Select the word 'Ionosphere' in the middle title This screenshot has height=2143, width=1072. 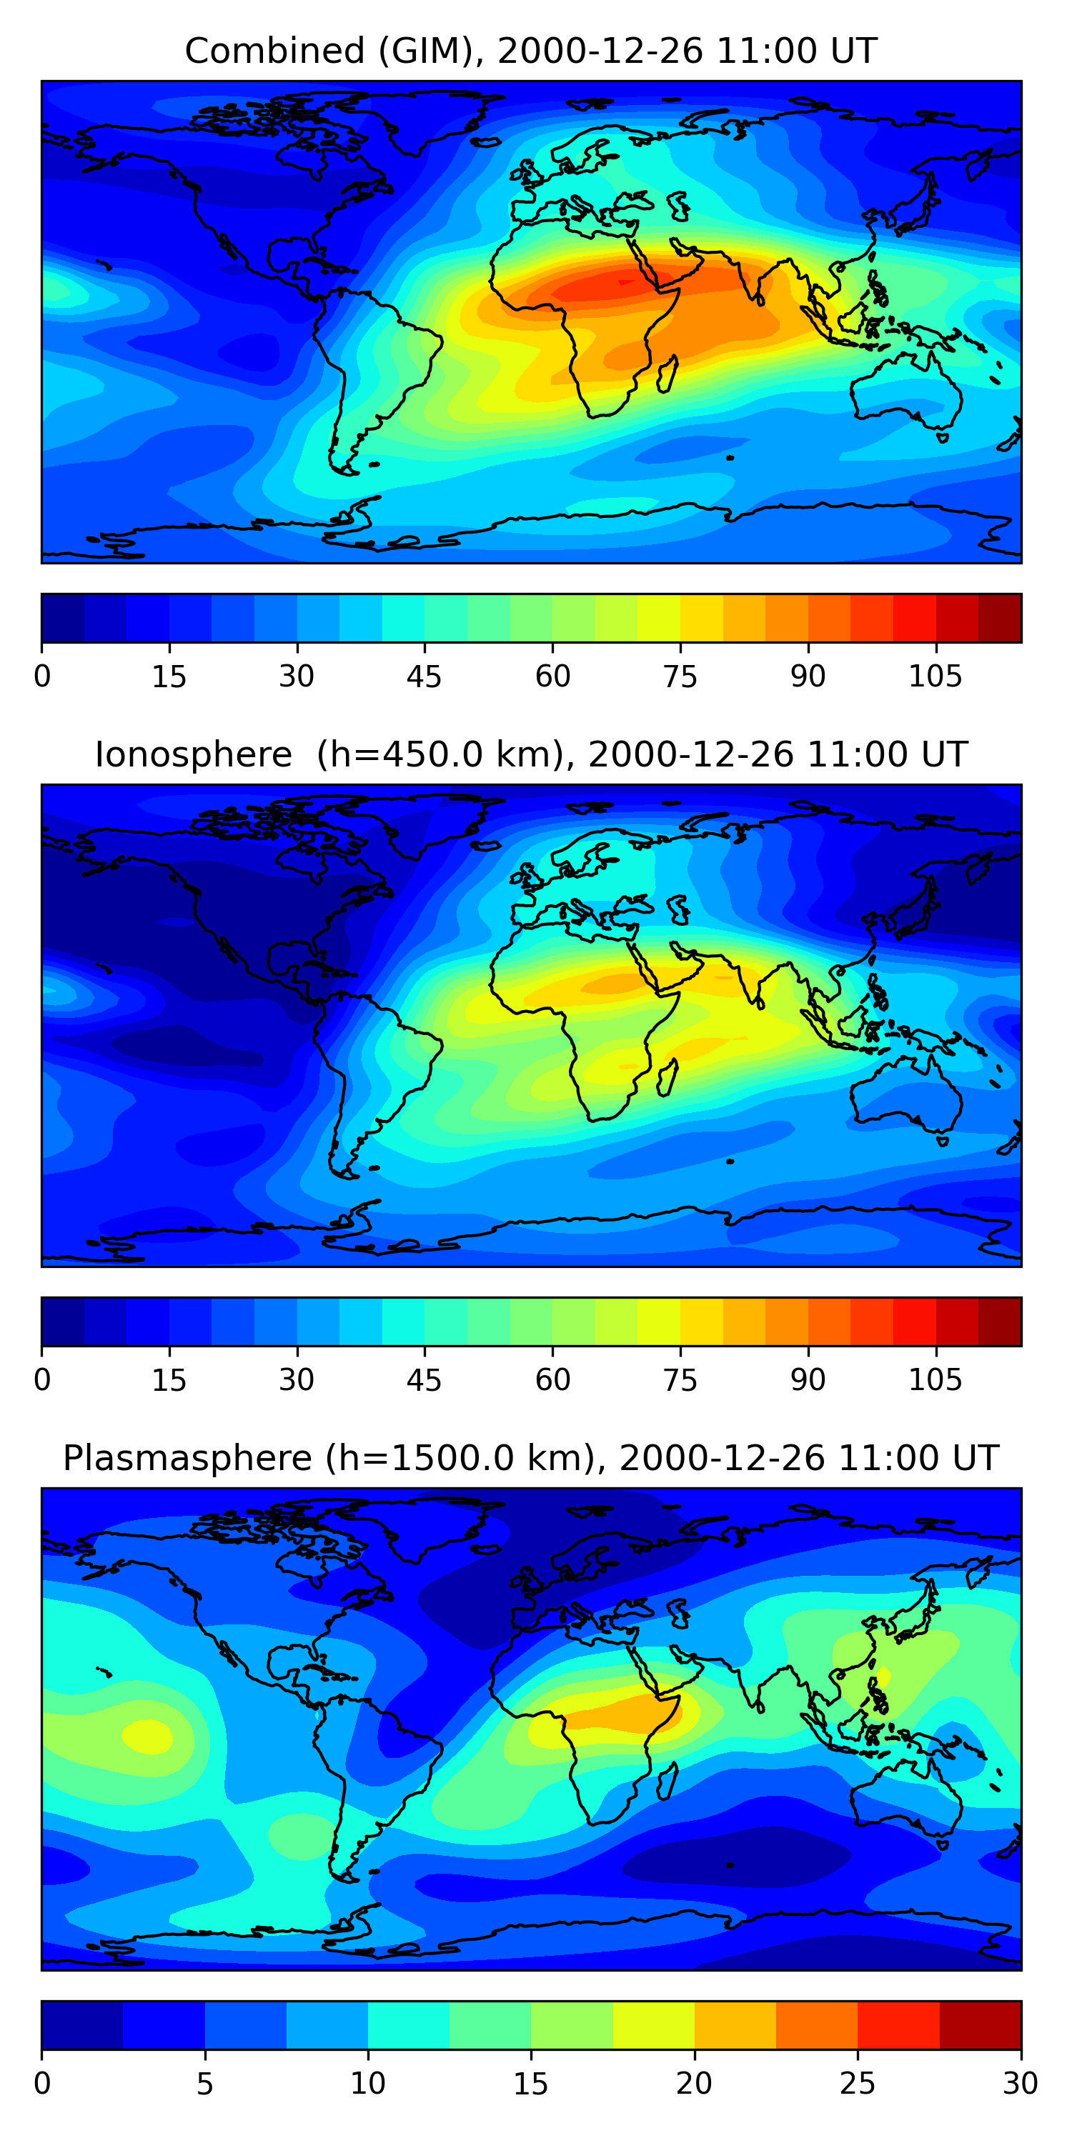click(193, 755)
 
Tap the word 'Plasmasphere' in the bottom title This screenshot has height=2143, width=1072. click(187, 1459)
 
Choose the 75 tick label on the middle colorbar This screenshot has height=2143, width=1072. click(680, 1380)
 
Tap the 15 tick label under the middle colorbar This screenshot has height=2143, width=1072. click(169, 1380)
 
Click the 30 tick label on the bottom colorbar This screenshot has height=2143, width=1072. click(1020, 2084)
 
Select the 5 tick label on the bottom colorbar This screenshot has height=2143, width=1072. click(204, 2084)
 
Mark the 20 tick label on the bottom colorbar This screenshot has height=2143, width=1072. click(693, 2084)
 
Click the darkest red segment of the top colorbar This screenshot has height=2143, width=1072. click(1000, 618)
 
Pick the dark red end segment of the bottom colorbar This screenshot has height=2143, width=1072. click(980, 2025)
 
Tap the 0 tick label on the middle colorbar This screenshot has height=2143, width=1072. click(42, 1380)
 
